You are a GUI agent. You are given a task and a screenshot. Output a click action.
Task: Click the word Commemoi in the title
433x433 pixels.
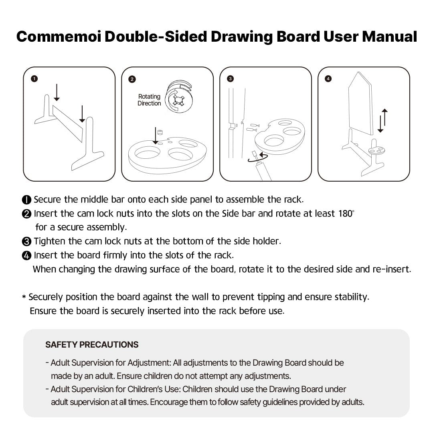click(59, 36)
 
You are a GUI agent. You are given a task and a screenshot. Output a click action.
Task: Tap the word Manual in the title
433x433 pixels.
click(389, 36)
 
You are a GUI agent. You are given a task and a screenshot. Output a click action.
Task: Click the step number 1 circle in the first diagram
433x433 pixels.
click(34, 79)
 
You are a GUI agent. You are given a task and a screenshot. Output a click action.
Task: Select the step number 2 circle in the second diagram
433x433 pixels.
click(132, 79)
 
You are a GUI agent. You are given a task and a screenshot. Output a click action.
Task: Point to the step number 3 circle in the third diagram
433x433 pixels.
click(230, 79)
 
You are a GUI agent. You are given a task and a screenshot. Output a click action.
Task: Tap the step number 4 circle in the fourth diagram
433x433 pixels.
click(328, 79)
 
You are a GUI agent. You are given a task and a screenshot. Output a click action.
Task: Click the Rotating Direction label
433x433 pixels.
click(149, 100)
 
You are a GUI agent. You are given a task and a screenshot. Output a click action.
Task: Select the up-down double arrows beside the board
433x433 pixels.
click(383, 120)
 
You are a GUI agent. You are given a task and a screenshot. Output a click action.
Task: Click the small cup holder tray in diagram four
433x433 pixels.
click(377, 151)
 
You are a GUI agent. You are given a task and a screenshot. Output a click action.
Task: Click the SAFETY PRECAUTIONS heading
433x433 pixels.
click(92, 345)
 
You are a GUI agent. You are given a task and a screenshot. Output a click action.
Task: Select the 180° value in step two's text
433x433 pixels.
click(346, 213)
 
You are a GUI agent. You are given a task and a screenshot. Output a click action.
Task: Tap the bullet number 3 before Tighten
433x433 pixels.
click(26, 241)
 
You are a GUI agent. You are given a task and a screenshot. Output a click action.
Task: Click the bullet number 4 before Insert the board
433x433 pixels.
click(26, 255)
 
